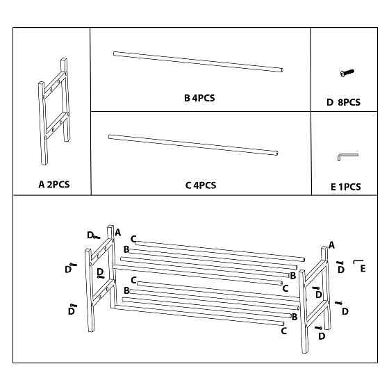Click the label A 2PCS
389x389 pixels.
(54, 185)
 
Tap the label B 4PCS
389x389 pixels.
(199, 99)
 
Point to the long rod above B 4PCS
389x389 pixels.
(199, 62)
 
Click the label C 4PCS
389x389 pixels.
(201, 185)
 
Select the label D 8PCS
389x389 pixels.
(343, 103)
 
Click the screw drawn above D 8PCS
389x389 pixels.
(347, 72)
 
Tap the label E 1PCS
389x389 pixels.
(345, 187)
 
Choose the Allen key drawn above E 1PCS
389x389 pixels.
(347, 157)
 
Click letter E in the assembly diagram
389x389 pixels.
(363, 269)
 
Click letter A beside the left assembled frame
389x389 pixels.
(117, 232)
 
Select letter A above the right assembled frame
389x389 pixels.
(331, 245)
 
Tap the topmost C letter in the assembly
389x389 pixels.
(133, 239)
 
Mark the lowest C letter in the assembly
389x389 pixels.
(284, 331)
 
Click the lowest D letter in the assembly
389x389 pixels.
(322, 336)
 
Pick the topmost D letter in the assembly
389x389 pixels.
(90, 235)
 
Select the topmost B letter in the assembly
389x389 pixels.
(126, 249)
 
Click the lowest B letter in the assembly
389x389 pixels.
(295, 317)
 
